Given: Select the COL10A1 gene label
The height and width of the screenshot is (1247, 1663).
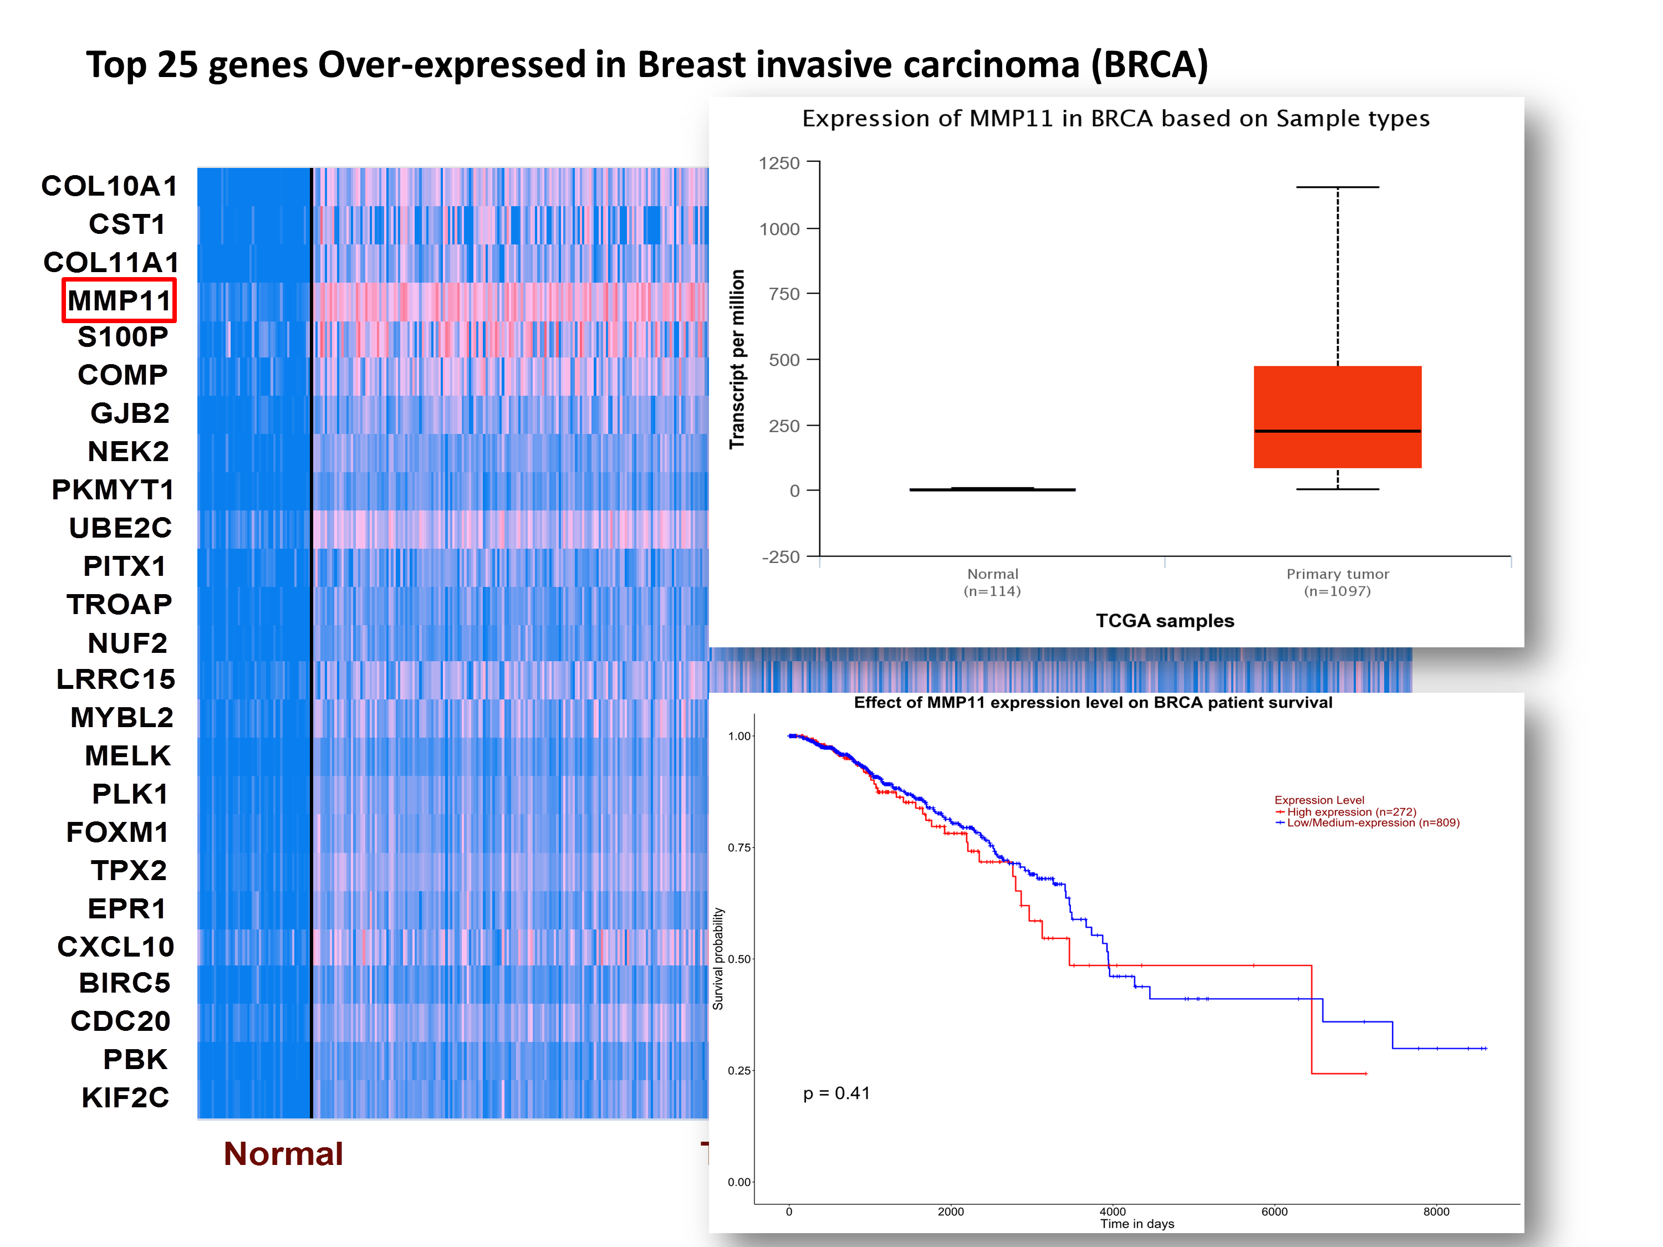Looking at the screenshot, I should coord(110,186).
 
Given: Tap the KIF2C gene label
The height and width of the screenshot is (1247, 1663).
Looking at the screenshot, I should coord(125,1097).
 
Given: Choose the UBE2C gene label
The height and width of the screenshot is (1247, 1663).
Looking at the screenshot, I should coord(120,528).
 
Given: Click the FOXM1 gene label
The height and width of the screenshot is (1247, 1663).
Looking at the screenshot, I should coord(118,832).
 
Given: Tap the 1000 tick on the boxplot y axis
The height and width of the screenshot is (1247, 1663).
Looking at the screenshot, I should coord(779,228).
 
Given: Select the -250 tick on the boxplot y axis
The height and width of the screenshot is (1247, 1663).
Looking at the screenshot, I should coord(781,557).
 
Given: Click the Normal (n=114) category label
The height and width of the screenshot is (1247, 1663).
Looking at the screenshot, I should coord(992,582).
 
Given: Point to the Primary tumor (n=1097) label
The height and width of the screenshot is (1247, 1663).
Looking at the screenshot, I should coord(1338,582).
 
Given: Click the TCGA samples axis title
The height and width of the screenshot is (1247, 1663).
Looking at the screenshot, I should coord(1165,621).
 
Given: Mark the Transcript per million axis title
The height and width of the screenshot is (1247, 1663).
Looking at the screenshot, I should coord(737,359).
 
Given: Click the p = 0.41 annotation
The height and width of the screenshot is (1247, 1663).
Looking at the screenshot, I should coord(836,1093).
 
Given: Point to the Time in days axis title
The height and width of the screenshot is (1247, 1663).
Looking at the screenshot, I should coord(1137,1224).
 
